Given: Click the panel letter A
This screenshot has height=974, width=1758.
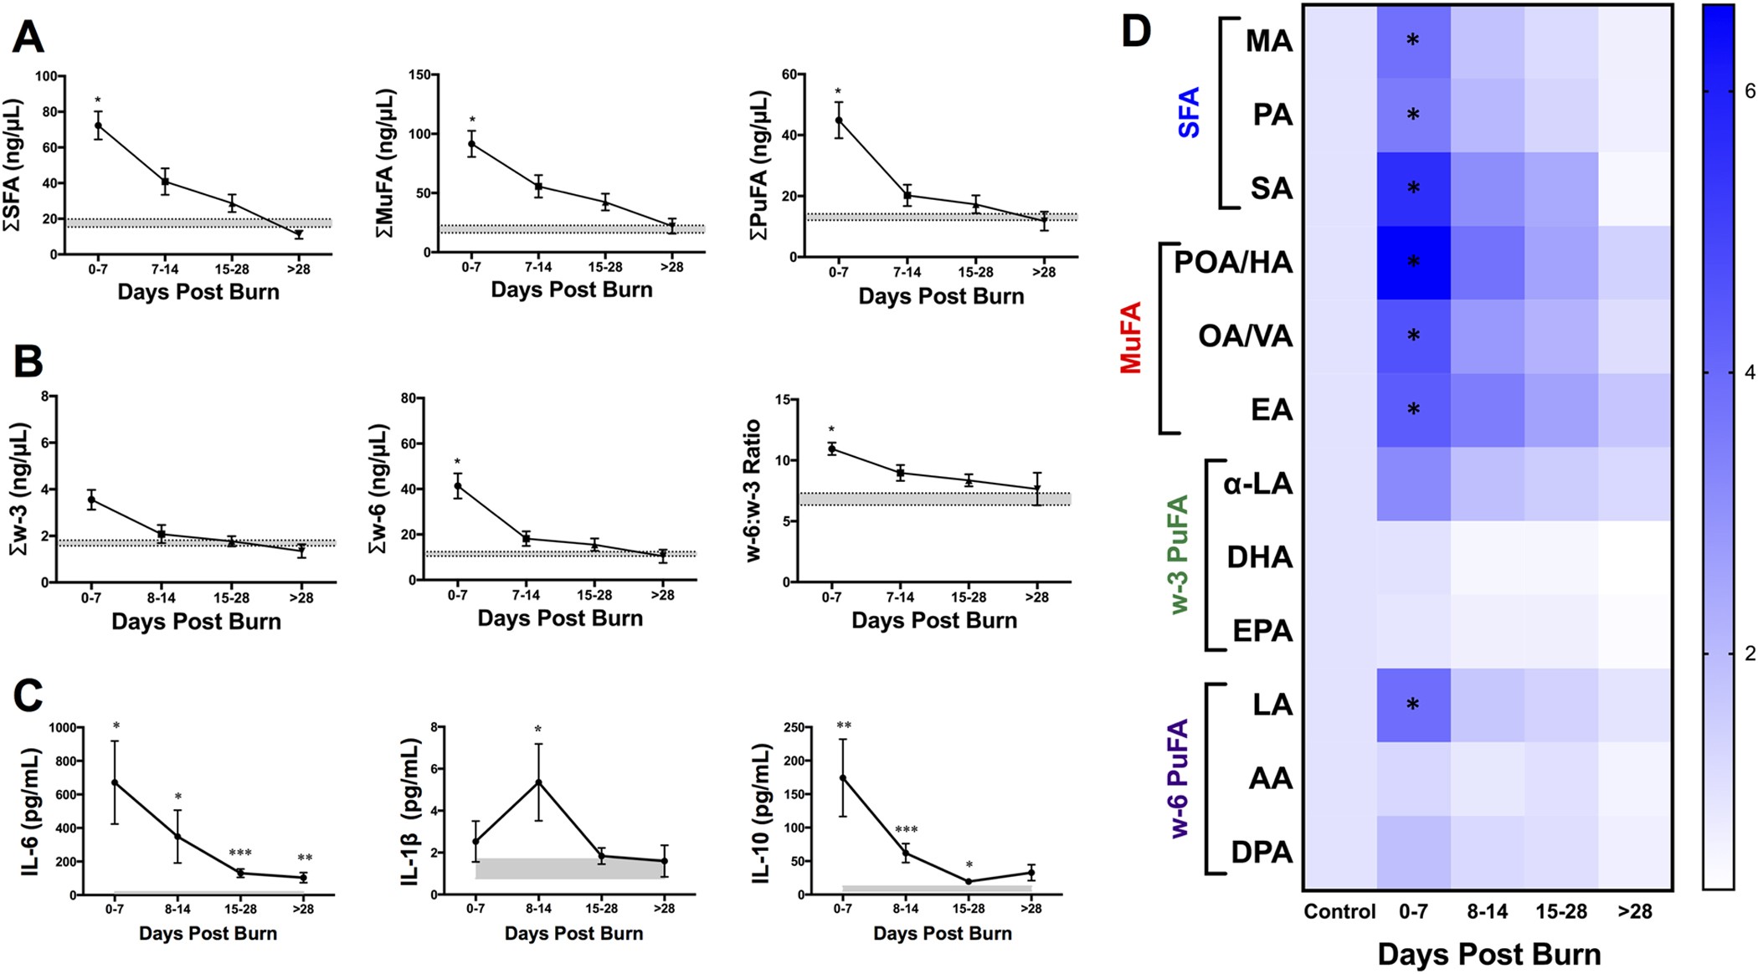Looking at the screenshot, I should tap(28, 38).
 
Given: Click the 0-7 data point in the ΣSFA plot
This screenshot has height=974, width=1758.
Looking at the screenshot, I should tap(98, 126).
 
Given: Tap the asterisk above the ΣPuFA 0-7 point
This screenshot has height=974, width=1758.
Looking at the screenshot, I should tap(838, 92).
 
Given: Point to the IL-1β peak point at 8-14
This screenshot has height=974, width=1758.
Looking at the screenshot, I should tap(539, 782).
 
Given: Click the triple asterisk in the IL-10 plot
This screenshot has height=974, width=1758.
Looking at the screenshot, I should tap(906, 830).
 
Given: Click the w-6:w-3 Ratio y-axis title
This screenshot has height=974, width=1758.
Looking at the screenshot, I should tap(753, 490).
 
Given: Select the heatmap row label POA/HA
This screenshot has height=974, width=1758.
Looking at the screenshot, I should tap(1233, 263).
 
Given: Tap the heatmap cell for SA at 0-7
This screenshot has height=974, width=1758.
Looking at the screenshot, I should tap(1413, 189).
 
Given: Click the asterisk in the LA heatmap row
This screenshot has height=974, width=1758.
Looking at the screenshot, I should tap(1413, 705).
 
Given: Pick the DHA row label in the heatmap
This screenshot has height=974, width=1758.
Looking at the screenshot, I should tap(1259, 557).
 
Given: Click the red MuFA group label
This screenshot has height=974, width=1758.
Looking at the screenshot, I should tap(1131, 337).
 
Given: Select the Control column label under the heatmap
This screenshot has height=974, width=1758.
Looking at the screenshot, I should tap(1339, 911).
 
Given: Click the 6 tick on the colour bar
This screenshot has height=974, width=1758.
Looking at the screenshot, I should tap(1749, 90).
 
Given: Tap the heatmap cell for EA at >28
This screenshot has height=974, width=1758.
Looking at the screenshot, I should tap(1635, 410).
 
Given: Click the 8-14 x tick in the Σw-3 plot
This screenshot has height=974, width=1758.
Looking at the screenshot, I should tap(162, 598).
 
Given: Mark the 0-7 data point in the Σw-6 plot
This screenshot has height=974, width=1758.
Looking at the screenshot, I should tap(457, 485).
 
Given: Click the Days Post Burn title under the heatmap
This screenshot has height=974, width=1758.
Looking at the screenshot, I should tap(1488, 954).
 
